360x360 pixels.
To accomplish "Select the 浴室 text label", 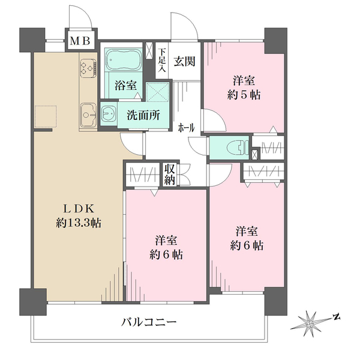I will coord(124,86).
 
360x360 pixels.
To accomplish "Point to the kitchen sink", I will coord(88,112).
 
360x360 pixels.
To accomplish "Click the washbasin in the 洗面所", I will coord(109,113).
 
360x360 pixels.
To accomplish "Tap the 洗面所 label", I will coord(143,115).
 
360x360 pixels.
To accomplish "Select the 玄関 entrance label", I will coord(184,61).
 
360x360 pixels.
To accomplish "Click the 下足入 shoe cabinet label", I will coord(161,61).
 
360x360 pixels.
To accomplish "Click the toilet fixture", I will coord(236,146).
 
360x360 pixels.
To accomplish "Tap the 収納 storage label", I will coord(170,174).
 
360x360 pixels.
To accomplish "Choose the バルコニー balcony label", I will coord(148,322).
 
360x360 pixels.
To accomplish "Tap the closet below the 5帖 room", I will coord(269,147).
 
